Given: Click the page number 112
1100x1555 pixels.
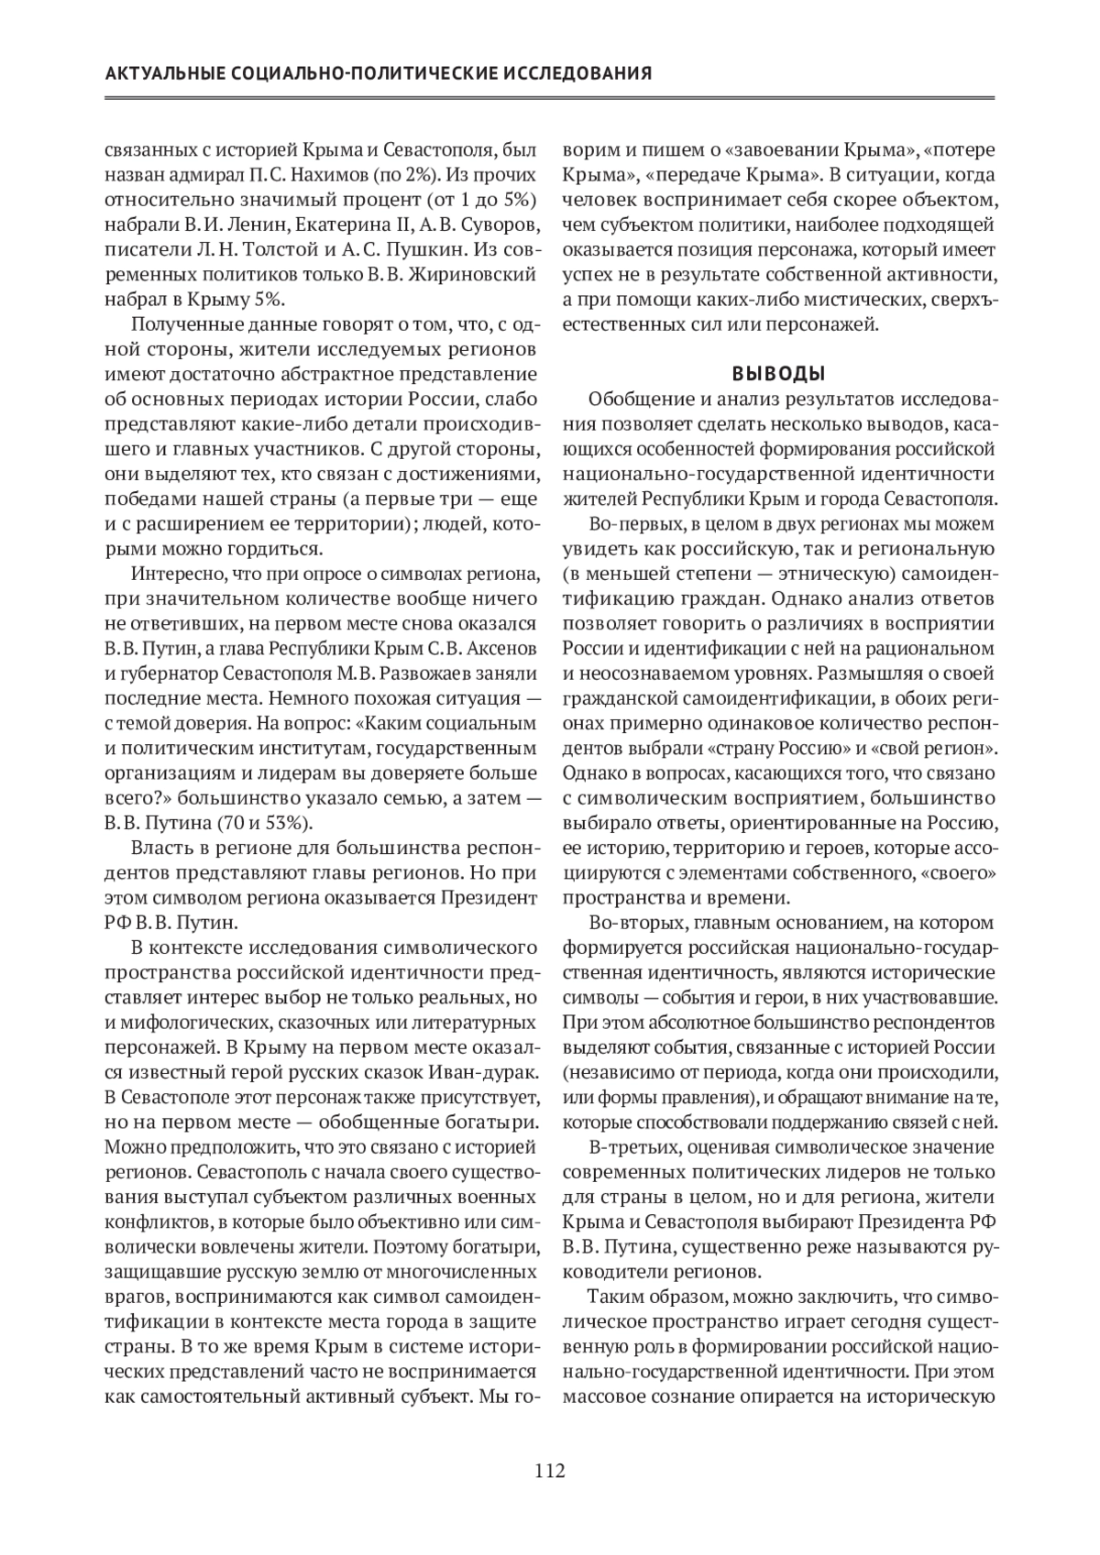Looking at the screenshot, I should tap(550, 1472).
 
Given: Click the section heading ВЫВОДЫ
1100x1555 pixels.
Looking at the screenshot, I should tap(778, 374).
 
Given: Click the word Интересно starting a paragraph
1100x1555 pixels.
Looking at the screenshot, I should tap(174, 575).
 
